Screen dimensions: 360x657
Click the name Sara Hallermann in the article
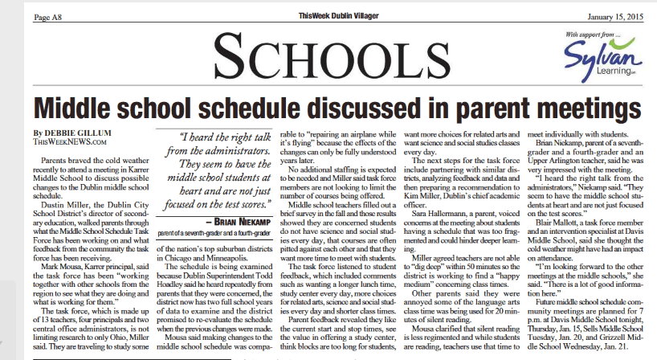(452, 214)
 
